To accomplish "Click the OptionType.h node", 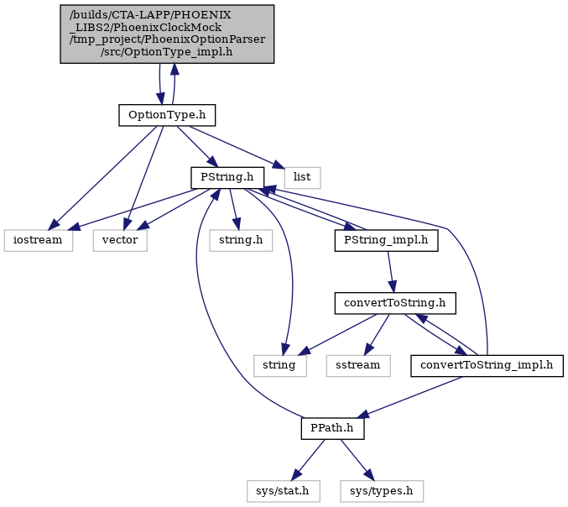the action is pyautogui.click(x=167, y=115).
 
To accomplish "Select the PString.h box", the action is pyautogui.click(x=227, y=178).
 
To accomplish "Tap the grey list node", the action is pyautogui.click(x=302, y=178).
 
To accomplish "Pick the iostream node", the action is pyautogui.click(x=38, y=240).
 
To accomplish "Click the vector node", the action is pyautogui.click(x=120, y=240).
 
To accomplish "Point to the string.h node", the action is pyautogui.click(x=241, y=240).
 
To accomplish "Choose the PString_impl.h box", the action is pyautogui.click(x=386, y=240).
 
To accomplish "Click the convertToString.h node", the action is pyautogui.click(x=395, y=303).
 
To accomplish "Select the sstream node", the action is pyautogui.click(x=358, y=366).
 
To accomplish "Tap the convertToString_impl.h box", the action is pyautogui.click(x=487, y=366).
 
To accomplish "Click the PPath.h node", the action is pyautogui.click(x=332, y=428).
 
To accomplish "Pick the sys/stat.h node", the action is pyautogui.click(x=284, y=491).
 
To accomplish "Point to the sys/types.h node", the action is pyautogui.click(x=382, y=491).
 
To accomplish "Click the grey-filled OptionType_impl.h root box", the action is pyautogui.click(x=167, y=34).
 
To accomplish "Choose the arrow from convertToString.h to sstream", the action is pyautogui.click(x=377, y=334).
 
